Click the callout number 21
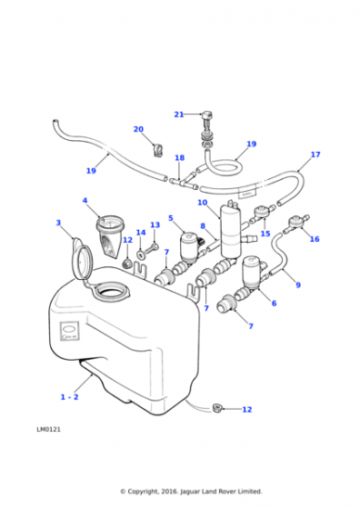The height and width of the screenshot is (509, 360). tap(179, 115)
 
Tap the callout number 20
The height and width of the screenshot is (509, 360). tap(138, 129)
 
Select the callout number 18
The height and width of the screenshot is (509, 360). tap(179, 158)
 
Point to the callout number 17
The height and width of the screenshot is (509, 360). tap(315, 155)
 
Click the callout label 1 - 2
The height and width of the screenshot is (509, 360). tap(69, 397)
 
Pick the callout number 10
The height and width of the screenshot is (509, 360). tap(202, 203)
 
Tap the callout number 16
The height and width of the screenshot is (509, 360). tap(315, 239)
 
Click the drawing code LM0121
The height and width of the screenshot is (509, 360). tap(48, 429)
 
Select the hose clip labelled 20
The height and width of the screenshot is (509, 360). tap(157, 150)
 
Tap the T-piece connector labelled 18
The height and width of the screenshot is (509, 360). tap(184, 182)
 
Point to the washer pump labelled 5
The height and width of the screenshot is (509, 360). tap(190, 248)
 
